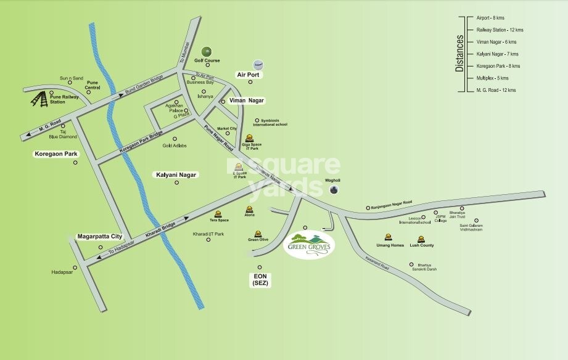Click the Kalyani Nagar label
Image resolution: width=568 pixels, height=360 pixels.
click(x=175, y=175)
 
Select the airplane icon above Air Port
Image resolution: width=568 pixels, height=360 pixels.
click(x=258, y=65)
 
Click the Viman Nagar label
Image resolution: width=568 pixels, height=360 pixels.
click(x=247, y=100)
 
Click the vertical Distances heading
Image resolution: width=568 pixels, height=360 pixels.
click(x=459, y=54)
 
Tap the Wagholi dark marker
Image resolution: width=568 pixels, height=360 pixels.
click(x=334, y=190)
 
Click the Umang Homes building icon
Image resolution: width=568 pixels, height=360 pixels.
click(x=389, y=236)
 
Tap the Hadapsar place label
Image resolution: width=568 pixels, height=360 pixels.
click(x=62, y=271)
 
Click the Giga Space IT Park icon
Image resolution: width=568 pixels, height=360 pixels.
click(x=249, y=138)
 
